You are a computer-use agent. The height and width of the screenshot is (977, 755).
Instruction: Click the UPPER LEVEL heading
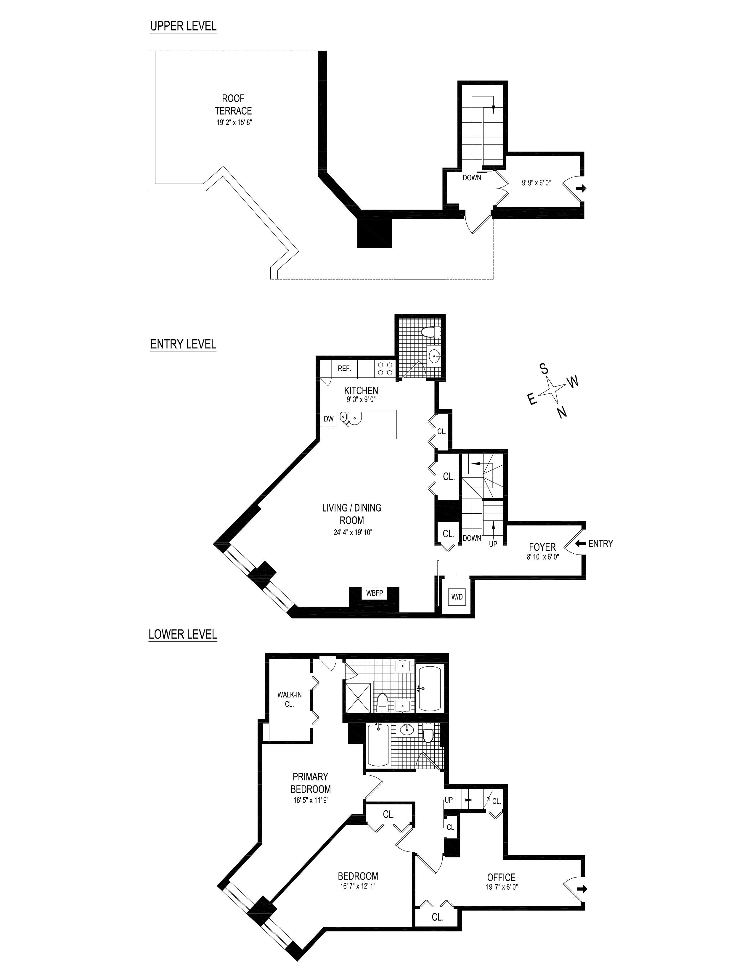(x=183, y=26)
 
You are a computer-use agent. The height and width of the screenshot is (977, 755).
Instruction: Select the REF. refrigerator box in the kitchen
(x=344, y=369)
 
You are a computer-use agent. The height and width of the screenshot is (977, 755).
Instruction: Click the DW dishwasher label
(x=329, y=419)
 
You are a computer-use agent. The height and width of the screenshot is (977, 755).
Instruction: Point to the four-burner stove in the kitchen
(x=385, y=369)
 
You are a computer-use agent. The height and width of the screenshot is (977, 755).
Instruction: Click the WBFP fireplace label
(x=374, y=593)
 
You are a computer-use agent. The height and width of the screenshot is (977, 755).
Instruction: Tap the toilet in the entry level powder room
(x=431, y=332)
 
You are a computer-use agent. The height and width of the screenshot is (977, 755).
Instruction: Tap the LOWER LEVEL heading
(x=182, y=634)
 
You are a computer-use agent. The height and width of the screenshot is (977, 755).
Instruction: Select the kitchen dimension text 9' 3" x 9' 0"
(x=361, y=399)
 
